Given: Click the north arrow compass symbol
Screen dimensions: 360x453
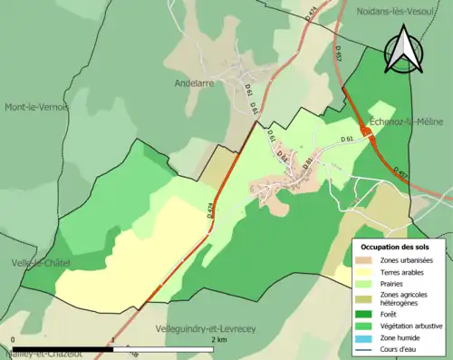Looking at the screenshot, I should click(405, 49).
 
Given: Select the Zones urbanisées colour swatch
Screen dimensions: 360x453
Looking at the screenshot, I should click(366, 261).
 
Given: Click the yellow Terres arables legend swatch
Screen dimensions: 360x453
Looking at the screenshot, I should click(366, 272).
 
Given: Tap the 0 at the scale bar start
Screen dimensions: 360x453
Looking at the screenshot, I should click(13, 339).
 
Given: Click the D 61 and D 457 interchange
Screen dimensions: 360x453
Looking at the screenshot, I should click(367, 132).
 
